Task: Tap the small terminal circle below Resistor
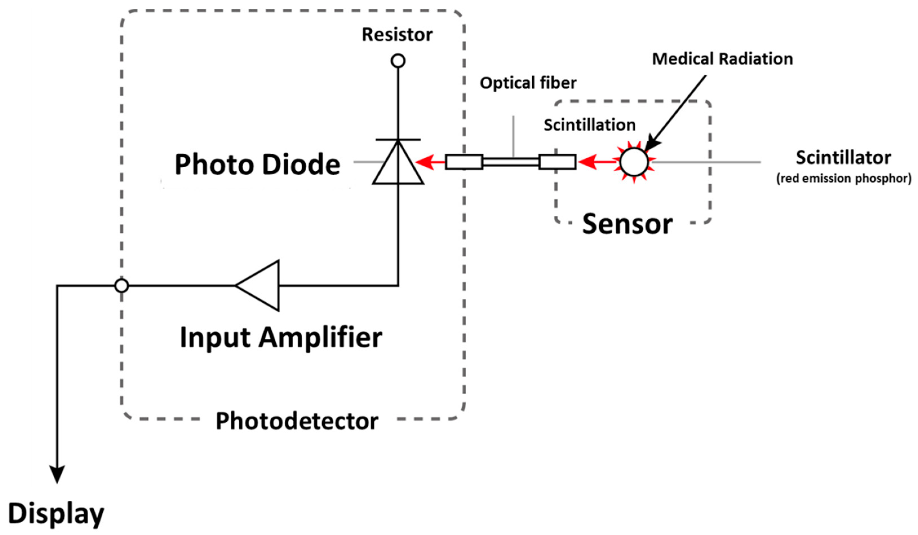398,61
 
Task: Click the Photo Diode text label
257,165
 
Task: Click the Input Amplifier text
281,338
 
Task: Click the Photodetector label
297,421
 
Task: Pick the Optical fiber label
528,83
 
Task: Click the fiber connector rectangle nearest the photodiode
464,162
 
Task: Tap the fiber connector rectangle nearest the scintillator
557,162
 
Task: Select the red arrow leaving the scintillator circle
594,162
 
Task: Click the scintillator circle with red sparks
634,162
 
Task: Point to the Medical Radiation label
722,59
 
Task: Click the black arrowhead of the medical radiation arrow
651,144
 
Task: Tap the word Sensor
627,224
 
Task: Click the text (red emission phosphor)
844,178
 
